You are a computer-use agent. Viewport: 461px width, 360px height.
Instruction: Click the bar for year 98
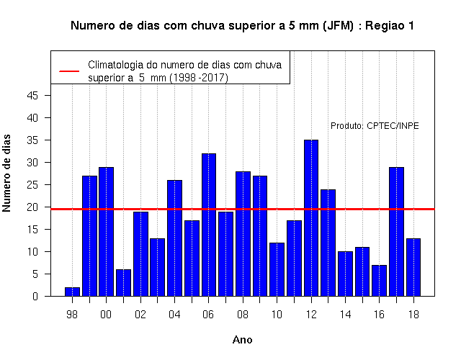tap(72, 292)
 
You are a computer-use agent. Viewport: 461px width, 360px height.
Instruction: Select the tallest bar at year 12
tap(311, 218)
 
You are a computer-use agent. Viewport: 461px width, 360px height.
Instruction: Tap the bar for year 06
tap(209, 225)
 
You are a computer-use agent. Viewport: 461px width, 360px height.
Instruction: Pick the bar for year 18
tap(413, 267)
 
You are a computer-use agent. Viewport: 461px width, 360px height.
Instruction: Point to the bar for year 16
tap(380, 281)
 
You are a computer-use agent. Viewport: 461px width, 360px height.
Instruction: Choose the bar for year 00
tap(106, 232)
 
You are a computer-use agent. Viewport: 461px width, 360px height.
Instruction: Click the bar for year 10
tap(277, 269)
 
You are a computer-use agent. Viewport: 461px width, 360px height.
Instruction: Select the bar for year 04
tap(174, 238)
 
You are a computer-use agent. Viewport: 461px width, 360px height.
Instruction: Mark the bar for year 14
tap(345, 274)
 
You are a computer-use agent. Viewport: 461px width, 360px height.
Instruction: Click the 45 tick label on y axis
tap(32, 96)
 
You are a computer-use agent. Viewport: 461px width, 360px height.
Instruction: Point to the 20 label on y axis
tap(32, 207)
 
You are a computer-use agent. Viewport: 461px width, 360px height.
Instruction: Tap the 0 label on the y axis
tap(35, 296)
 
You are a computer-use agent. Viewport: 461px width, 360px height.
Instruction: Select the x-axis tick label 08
tap(243, 315)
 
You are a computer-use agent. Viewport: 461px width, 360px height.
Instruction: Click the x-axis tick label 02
tap(140, 315)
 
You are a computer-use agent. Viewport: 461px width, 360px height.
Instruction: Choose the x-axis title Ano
tap(243, 340)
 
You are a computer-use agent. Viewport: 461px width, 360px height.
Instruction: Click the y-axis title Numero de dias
tap(6, 173)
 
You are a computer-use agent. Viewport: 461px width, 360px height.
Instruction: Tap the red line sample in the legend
tap(69, 71)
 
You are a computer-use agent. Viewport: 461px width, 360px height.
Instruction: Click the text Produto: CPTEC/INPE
tap(375, 126)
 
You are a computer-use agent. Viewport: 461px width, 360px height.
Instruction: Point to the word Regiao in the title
tap(385, 26)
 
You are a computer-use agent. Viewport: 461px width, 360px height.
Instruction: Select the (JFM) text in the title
tap(338, 26)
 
